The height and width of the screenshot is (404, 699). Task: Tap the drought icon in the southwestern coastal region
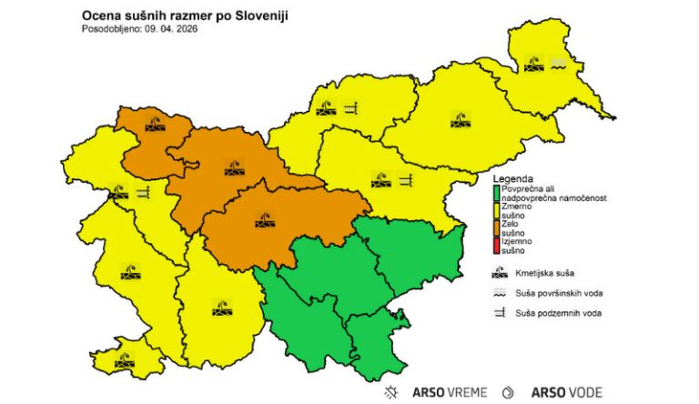pyautogui.click(x=123, y=361)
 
